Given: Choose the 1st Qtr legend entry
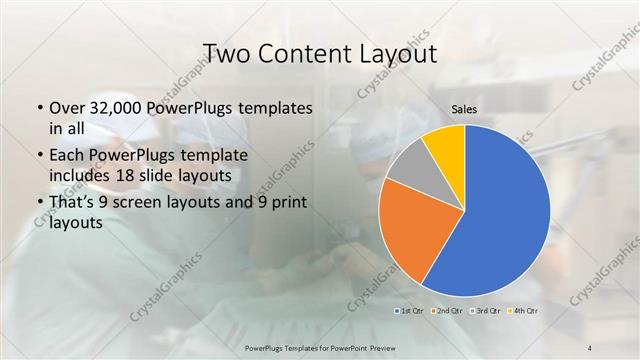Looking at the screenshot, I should click(409, 312).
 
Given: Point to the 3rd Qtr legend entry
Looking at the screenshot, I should click(487, 312).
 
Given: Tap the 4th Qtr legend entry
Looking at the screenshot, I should click(525, 312).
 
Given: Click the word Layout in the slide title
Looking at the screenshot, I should click(395, 52).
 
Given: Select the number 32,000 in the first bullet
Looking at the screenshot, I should click(106, 108).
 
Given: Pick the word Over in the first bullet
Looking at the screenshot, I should click(65, 108).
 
